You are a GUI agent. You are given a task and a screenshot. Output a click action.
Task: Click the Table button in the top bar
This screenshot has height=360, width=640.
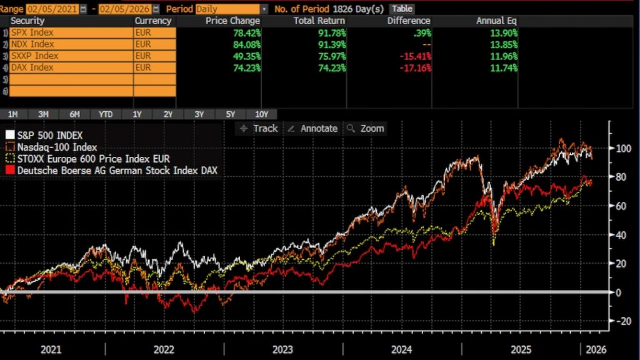[401, 9]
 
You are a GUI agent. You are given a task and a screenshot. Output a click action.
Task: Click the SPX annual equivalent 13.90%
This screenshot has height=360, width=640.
[503, 32]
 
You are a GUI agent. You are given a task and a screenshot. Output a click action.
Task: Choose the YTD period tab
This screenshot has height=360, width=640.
[106, 114]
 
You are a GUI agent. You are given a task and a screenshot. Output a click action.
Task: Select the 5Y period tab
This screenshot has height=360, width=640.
[231, 114]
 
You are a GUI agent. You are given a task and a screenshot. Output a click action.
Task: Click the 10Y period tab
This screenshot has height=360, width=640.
[262, 114]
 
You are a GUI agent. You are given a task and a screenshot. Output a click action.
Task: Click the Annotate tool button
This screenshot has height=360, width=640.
[312, 128]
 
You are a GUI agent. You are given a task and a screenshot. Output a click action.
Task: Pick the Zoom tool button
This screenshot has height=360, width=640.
[366, 128]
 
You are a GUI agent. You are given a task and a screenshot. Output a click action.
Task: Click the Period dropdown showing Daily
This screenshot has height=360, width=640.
[231, 9]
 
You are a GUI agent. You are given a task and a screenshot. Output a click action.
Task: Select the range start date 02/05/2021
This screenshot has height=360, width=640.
[45, 9]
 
